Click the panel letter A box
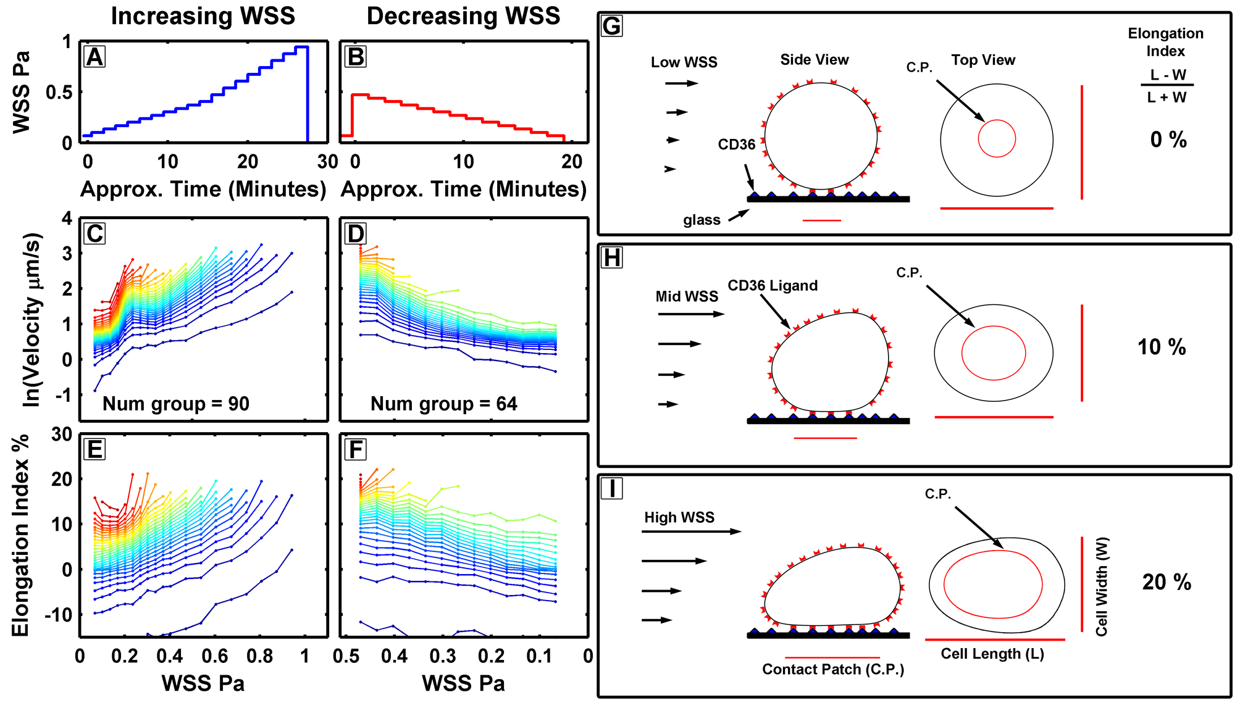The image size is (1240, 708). (94, 57)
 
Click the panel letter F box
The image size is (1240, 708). (356, 449)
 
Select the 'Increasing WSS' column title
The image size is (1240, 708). (203, 16)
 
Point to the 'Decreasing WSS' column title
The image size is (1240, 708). (463, 16)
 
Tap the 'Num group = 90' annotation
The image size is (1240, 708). (176, 404)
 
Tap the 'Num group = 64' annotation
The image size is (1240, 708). (443, 404)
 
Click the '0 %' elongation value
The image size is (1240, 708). (1168, 140)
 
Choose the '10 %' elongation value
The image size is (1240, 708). (1162, 347)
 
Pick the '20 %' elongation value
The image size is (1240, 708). (1166, 582)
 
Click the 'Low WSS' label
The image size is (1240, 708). (684, 62)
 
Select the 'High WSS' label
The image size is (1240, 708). (679, 517)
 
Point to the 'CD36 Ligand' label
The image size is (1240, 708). (773, 286)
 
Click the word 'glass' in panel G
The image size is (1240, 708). (702, 220)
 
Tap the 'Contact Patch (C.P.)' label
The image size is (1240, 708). (833, 670)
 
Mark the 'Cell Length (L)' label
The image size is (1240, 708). (992, 654)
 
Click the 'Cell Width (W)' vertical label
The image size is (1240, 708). (1102, 586)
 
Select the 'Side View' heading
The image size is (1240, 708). (814, 60)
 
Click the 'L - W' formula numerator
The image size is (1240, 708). (1168, 75)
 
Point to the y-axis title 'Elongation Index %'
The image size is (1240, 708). (20, 535)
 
